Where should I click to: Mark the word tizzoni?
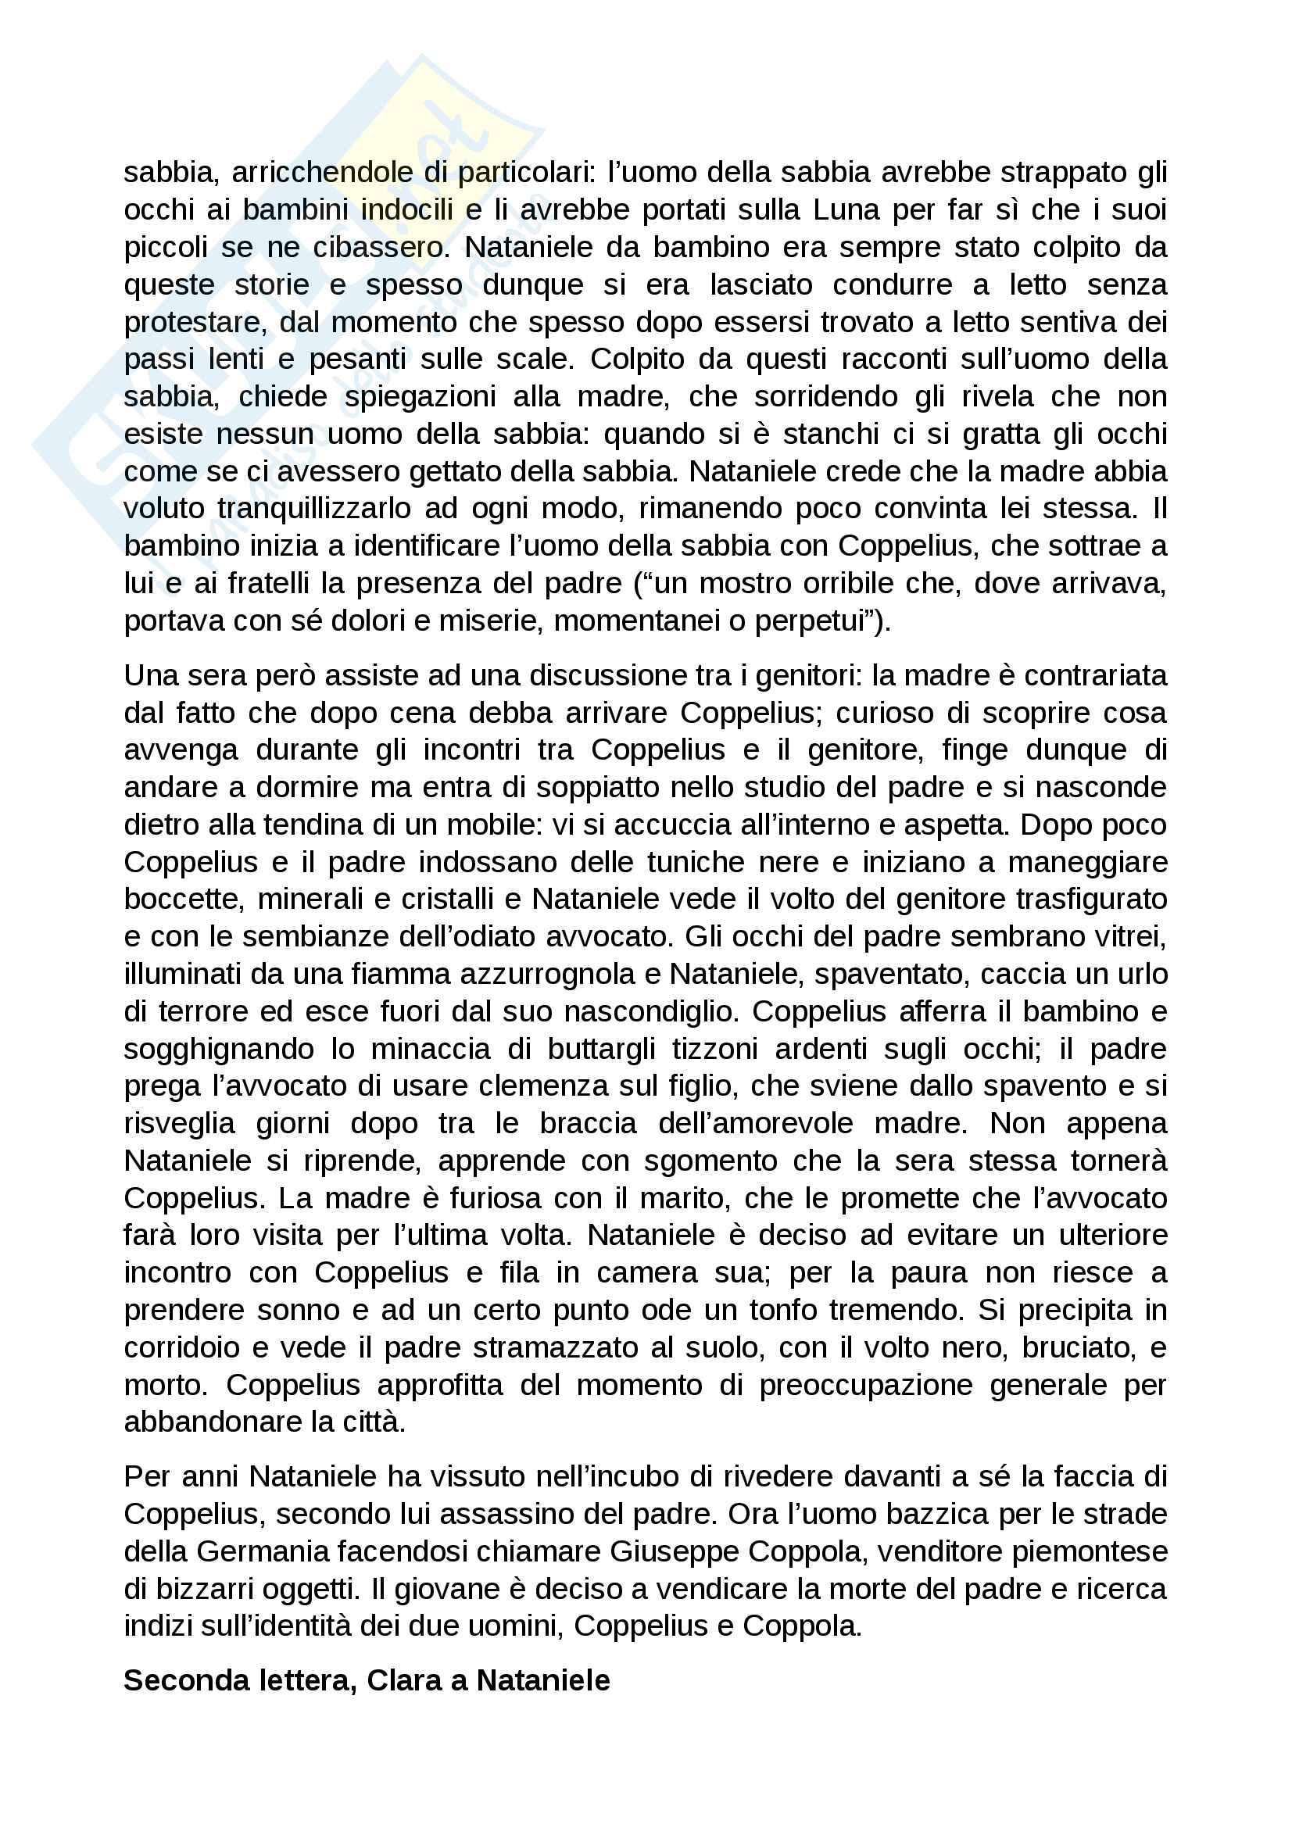click(714, 1050)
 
